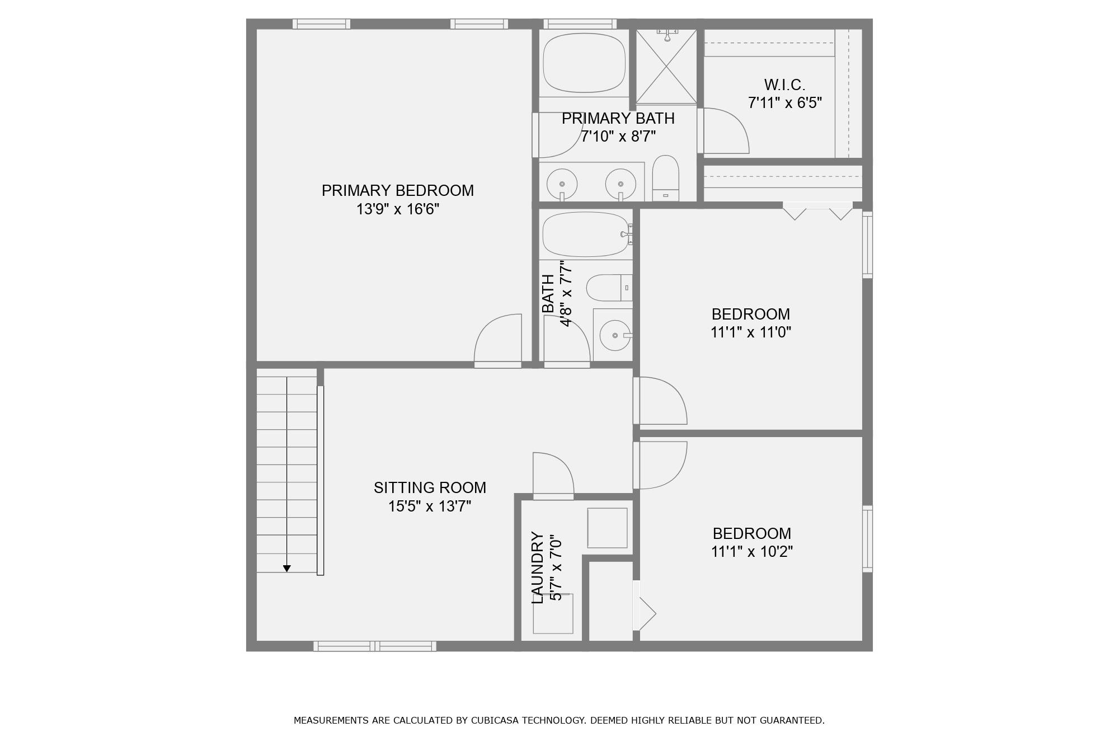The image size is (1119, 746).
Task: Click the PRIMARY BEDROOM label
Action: [398, 190]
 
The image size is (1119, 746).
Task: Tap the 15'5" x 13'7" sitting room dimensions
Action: [430, 506]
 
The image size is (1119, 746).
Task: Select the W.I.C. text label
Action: [785, 85]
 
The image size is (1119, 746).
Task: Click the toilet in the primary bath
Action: [666, 178]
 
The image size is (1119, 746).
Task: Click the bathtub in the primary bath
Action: [584, 63]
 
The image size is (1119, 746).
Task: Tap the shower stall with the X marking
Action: [666, 67]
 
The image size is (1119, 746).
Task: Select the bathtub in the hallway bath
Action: [586, 234]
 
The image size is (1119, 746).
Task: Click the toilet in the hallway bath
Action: [609, 288]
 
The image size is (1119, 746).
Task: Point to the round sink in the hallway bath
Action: [615, 335]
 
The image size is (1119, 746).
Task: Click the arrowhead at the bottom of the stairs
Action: [287, 569]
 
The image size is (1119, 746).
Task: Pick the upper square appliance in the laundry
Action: [607, 528]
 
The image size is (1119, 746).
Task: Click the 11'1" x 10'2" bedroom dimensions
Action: [752, 552]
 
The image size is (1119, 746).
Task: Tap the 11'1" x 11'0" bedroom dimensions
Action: [751, 332]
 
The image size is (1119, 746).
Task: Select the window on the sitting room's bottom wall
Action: [375, 646]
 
